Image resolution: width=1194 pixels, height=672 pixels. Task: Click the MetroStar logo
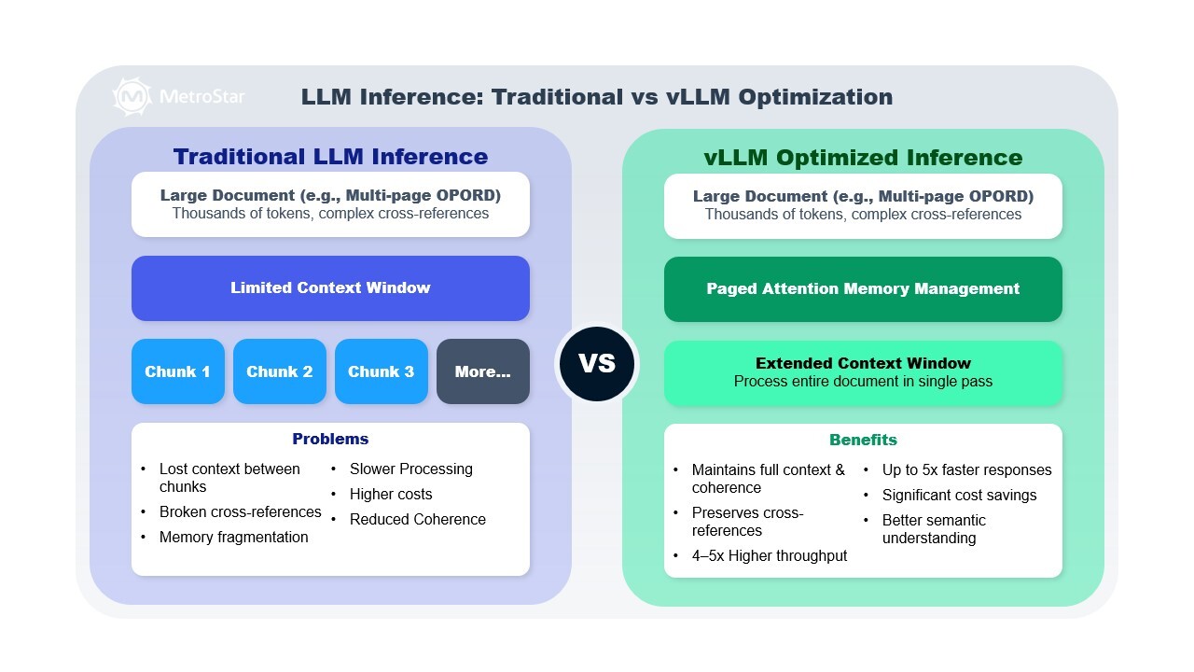(178, 96)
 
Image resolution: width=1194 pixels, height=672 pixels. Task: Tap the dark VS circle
(597, 363)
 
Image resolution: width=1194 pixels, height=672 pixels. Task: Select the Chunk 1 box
(177, 371)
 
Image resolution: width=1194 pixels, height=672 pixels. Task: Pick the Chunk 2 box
(279, 371)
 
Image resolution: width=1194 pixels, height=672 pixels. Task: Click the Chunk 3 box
(381, 371)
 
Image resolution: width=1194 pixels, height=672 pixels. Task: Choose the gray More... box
(482, 371)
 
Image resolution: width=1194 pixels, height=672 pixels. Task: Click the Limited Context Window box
(330, 287)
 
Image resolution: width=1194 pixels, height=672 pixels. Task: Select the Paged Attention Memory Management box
(863, 288)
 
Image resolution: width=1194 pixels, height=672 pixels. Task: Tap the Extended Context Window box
(863, 372)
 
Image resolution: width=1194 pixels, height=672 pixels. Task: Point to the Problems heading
(330, 439)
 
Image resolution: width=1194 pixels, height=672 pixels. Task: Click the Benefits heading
(863, 440)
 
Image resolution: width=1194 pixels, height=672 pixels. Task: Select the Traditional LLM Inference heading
(330, 156)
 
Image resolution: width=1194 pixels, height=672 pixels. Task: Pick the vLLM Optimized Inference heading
(863, 158)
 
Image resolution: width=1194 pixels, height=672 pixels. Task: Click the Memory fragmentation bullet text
(233, 537)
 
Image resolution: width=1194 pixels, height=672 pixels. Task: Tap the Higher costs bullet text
(391, 494)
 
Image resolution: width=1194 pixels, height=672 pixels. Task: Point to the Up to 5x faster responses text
(966, 469)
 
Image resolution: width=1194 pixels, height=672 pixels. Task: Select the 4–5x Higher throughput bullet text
(770, 555)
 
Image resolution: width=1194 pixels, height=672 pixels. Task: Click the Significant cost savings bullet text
(959, 495)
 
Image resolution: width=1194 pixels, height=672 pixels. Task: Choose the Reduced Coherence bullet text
(417, 519)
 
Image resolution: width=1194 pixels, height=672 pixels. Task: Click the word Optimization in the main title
(812, 96)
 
